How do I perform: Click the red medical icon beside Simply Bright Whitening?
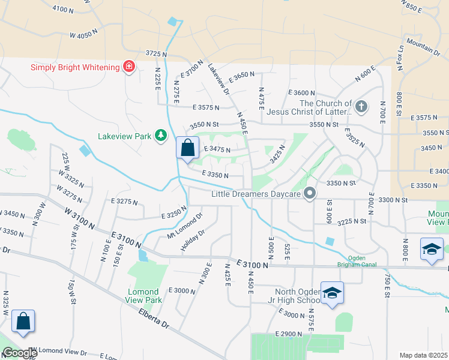tap(128, 67)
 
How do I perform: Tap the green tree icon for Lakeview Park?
tap(160, 136)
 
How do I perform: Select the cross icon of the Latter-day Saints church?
tap(361, 107)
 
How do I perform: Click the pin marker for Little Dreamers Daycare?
tap(310, 193)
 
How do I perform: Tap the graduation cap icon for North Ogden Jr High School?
tap(332, 293)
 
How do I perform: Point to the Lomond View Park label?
tap(144, 296)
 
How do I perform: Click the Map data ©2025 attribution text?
tap(423, 355)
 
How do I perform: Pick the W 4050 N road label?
tap(83, 35)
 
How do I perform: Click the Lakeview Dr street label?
tap(218, 80)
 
